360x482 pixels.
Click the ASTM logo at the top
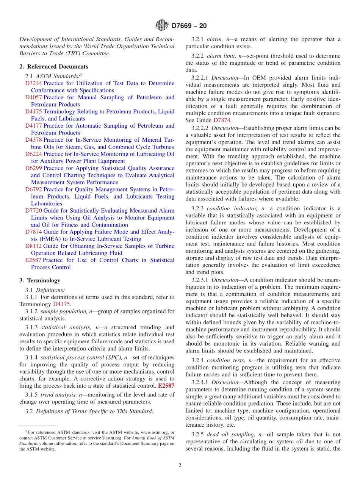coord(162,25)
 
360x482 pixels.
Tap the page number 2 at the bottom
coord(180,466)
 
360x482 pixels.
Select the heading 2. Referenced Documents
coord(53,66)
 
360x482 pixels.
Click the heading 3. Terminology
coord(40,280)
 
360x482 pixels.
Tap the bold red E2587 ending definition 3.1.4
coord(166,386)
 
